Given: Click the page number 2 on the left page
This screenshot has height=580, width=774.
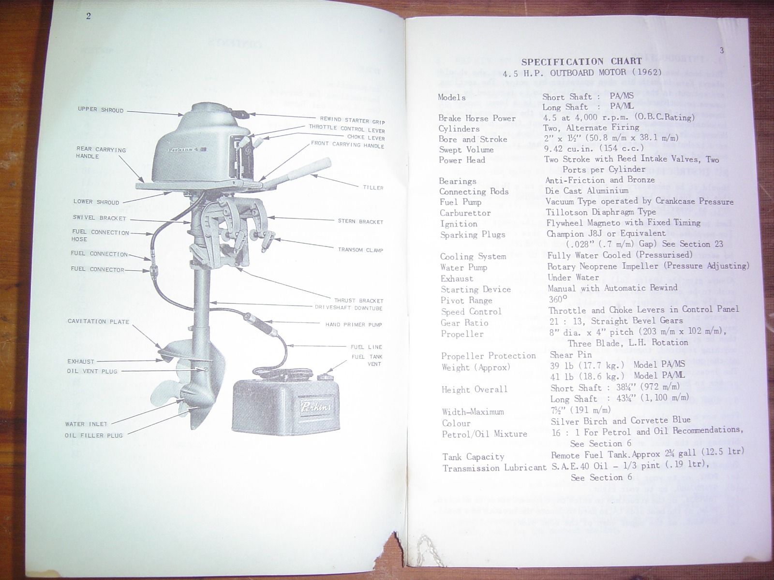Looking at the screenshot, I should click(x=89, y=16).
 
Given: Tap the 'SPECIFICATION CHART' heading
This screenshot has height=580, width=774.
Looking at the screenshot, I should click(x=581, y=61).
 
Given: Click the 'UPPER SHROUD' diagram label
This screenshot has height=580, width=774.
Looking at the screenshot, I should click(x=101, y=110).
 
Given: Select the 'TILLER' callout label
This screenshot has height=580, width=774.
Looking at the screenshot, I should click(x=373, y=188).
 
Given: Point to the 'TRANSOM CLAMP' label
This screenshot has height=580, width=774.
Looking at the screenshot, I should click(x=360, y=250).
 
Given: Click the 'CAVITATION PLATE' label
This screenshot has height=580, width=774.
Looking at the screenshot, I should click(x=98, y=321).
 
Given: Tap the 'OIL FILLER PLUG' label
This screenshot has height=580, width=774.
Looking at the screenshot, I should click(x=94, y=435).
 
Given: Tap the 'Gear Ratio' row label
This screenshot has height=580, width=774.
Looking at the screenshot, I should click(x=464, y=323).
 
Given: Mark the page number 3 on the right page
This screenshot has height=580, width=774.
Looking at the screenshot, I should click(x=721, y=50).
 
